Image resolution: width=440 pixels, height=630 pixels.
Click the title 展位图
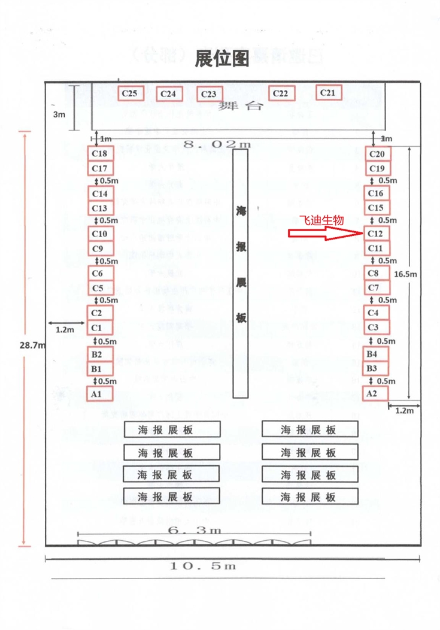pyautogui.click(x=221, y=58)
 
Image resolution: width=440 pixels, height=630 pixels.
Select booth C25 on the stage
pyautogui.click(x=130, y=93)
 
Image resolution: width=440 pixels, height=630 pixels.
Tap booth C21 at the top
pyautogui.click(x=328, y=92)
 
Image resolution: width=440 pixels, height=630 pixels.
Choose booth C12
pyautogui.click(x=376, y=234)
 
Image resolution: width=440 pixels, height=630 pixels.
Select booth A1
pyautogui.click(x=99, y=394)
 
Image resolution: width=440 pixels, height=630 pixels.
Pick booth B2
pyautogui.click(x=99, y=355)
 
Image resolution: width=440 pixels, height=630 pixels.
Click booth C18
pyautogui.click(x=99, y=155)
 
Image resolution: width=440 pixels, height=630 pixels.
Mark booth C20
pyautogui.click(x=377, y=155)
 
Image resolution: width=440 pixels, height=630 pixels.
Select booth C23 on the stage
pyautogui.click(x=209, y=94)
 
